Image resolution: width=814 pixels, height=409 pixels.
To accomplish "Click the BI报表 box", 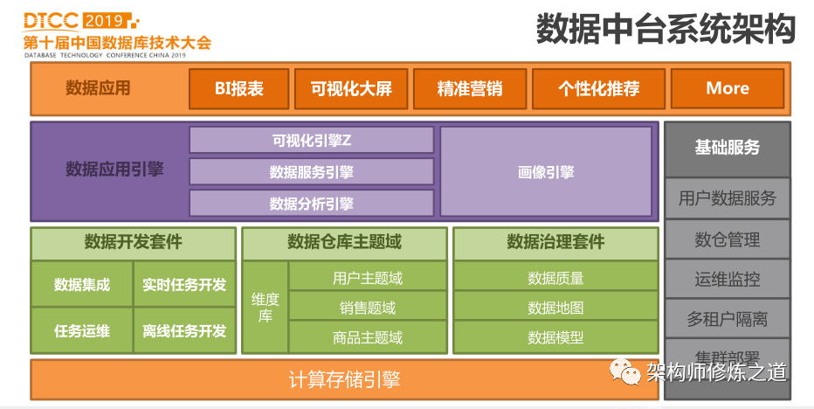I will click(239, 88).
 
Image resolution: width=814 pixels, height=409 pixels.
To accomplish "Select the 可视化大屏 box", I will click(351, 88).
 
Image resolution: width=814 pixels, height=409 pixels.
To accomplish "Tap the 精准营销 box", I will click(470, 88).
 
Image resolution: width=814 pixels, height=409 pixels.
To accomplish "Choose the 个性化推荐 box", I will click(598, 88).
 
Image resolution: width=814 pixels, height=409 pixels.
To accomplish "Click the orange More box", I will click(728, 88).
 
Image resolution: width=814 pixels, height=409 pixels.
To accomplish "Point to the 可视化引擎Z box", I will click(311, 140).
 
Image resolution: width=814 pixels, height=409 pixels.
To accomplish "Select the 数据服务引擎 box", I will click(311, 171).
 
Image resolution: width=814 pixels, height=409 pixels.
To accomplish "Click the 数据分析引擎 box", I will click(311, 203).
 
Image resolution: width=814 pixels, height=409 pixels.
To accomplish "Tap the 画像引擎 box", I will click(546, 171).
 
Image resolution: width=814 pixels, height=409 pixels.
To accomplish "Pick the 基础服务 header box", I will click(727, 148).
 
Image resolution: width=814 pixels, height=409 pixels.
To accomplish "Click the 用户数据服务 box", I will click(727, 198).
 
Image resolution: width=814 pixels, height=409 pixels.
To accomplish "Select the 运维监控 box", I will click(727, 280).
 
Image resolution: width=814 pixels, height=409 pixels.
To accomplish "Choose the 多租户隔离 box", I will click(727, 320).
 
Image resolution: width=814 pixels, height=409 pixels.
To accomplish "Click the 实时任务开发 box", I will click(184, 284).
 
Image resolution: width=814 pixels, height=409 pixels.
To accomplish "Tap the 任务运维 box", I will click(82, 330).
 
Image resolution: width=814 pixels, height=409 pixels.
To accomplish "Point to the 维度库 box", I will click(265, 308).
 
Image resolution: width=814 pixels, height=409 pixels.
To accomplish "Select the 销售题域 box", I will click(368, 308).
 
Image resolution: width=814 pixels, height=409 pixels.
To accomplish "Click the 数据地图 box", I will click(555, 308).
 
